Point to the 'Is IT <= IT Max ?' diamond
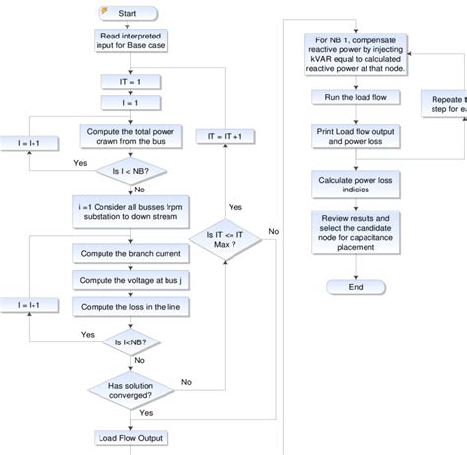pyautogui.click(x=226, y=239)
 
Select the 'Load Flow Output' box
pyautogui.click(x=130, y=437)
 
